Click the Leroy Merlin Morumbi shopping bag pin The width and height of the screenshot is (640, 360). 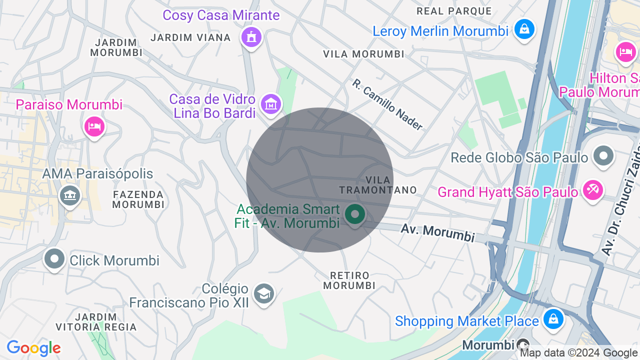click(x=524, y=29)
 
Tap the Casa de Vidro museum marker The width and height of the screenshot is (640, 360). click(x=271, y=104)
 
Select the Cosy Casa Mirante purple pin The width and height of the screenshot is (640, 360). click(x=251, y=37)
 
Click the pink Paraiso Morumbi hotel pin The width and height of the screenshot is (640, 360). click(x=94, y=126)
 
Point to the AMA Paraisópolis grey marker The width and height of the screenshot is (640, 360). click(x=70, y=195)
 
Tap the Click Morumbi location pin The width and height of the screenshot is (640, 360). click(x=54, y=259)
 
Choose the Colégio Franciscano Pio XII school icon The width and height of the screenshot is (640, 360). click(x=263, y=293)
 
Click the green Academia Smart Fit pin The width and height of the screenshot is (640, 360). click(x=355, y=215)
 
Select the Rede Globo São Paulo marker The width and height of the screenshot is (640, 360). click(x=603, y=156)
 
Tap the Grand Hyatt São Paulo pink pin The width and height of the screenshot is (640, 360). click(x=592, y=190)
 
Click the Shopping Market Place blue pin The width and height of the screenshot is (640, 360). click(x=552, y=318)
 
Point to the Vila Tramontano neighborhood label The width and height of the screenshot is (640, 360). click(x=378, y=185)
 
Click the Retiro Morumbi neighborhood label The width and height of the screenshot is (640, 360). click(x=349, y=280)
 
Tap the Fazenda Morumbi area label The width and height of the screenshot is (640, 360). click(x=138, y=199)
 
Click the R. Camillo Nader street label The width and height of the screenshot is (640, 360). click(x=387, y=104)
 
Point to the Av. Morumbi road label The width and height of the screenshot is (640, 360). click(x=437, y=232)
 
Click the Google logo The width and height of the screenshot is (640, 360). click(x=33, y=348)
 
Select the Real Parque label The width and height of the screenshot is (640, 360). click(x=454, y=11)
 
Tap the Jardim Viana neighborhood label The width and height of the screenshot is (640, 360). click(x=190, y=37)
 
